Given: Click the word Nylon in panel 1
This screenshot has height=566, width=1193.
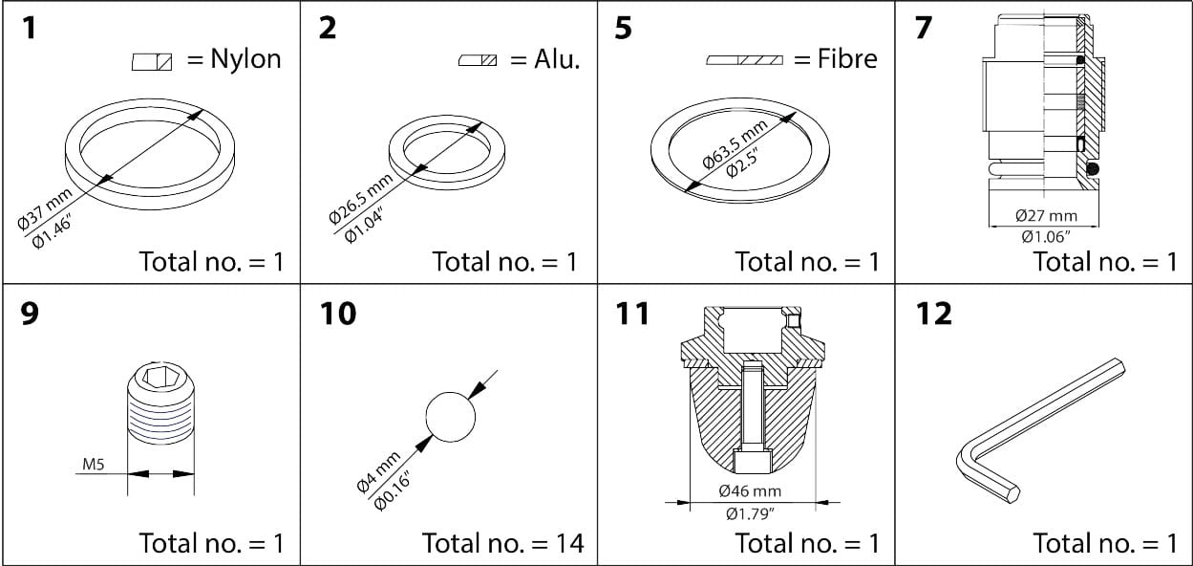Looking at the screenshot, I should coord(246,59).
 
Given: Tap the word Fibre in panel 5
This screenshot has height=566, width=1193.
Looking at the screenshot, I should coord(847,59).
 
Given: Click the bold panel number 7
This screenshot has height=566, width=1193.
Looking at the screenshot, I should coord(923,28).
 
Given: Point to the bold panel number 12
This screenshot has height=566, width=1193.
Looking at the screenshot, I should coord(933,313).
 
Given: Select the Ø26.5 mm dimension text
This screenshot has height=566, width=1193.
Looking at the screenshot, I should coord(360,198).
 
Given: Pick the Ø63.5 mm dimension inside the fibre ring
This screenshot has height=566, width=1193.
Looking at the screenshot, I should coord(734,144).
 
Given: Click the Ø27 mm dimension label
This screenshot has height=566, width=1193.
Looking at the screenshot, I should coord(1045,217).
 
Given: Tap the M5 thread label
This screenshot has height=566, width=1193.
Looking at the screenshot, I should coord(94,466).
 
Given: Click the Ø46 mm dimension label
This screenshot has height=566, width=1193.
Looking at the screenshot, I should coord(751,491).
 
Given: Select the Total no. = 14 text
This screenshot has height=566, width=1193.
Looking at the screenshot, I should coord(502,543).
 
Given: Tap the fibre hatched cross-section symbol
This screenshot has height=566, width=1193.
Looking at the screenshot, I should coord(744,60).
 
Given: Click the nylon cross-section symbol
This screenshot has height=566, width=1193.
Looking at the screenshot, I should coord(152,61).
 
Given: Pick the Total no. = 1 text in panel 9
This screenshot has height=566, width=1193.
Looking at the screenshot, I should coord(211,543).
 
